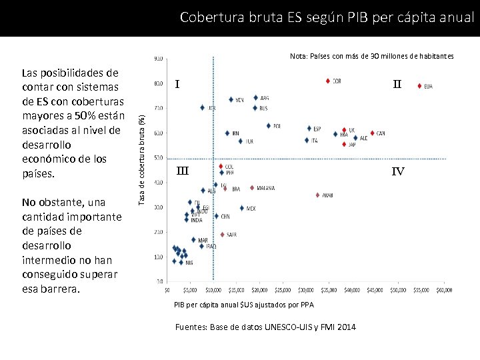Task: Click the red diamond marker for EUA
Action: (x=419, y=85)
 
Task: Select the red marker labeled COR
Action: (x=328, y=81)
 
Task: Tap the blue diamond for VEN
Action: (x=231, y=99)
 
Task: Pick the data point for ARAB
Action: (x=317, y=195)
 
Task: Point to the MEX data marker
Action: (x=241, y=208)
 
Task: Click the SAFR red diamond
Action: (x=222, y=234)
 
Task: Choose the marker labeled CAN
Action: (x=372, y=133)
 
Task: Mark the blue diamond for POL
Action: (x=269, y=125)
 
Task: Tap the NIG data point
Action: (x=181, y=262)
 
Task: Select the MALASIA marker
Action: (x=252, y=187)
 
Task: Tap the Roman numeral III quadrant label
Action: (x=182, y=171)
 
